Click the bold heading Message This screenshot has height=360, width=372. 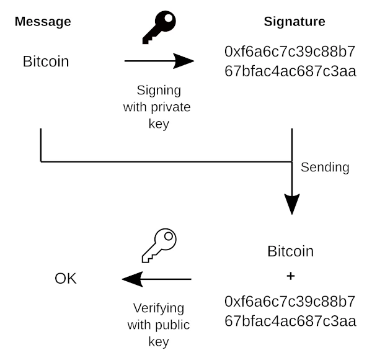[x=43, y=22]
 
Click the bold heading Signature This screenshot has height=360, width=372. [x=294, y=22]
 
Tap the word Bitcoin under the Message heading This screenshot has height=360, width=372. [x=46, y=61]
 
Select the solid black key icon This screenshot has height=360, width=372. [x=159, y=28]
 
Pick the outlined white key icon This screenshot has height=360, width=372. [x=159, y=245]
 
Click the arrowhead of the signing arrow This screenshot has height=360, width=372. [x=184, y=61]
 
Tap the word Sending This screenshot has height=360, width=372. [x=325, y=168]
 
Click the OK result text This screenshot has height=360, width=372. [x=66, y=279]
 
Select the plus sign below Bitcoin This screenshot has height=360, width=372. [x=291, y=276]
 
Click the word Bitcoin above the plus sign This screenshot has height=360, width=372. [x=291, y=251]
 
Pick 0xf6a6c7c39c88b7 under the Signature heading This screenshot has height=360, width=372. [x=290, y=52]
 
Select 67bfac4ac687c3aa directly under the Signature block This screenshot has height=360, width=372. [x=290, y=71]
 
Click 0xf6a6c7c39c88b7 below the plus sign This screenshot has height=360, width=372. [x=290, y=302]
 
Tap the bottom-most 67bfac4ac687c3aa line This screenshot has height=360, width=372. [x=290, y=321]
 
